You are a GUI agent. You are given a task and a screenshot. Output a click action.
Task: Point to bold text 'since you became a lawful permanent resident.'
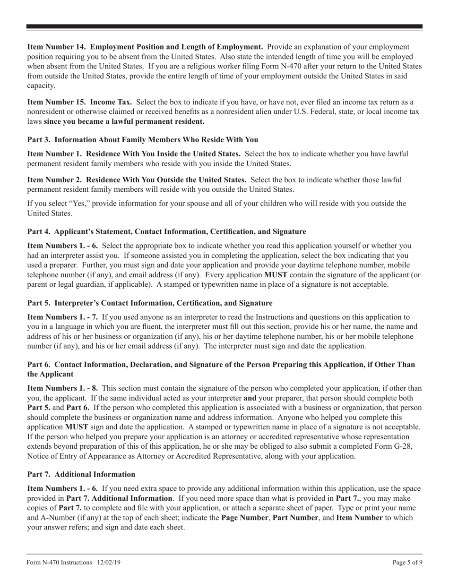coord(124,121)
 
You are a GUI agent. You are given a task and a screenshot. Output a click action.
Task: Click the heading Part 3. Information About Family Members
coord(143,139)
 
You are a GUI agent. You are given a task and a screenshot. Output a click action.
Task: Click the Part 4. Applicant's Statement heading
coord(166,231)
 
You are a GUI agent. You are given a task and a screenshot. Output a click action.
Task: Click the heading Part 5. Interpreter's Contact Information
coord(150,302)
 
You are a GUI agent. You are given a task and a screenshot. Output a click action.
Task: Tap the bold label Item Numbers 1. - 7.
coord(62,317)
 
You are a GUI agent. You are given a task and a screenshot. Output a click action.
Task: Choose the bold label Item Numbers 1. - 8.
coord(62,388)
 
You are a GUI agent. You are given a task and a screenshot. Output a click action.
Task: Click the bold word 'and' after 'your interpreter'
coord(250,398)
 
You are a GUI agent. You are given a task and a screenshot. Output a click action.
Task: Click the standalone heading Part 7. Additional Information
coord(81,474)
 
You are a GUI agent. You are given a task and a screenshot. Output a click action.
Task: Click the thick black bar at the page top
coord(224,27)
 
